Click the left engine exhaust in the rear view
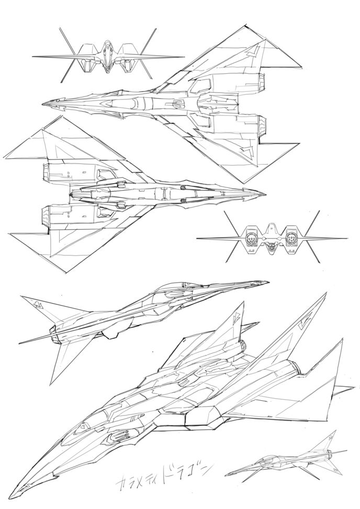point(252,239)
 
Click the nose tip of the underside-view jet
point(265,193)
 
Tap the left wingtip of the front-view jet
point(33,56)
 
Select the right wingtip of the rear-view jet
point(346,239)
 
